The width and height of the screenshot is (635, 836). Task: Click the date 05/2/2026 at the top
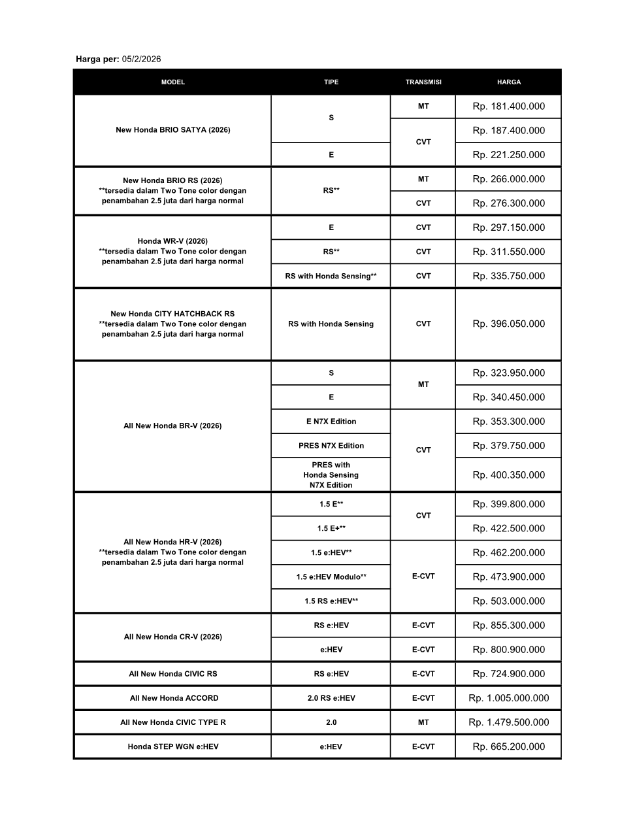pyautogui.click(x=141, y=59)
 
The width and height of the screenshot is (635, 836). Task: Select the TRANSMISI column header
pyautogui.click(x=423, y=82)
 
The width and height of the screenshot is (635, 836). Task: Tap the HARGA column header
pyautogui.click(x=509, y=82)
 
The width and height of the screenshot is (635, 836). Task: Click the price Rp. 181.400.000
pyautogui.click(x=509, y=107)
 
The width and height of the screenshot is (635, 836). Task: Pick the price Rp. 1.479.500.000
pyautogui.click(x=509, y=722)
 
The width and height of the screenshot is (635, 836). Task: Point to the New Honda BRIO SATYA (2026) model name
pyautogui.click(x=173, y=130)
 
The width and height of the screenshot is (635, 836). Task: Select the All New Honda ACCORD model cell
pyautogui.click(x=174, y=698)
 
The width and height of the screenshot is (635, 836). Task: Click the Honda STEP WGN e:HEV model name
pyautogui.click(x=173, y=746)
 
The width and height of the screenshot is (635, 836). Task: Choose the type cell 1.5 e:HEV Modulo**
pyautogui.click(x=331, y=577)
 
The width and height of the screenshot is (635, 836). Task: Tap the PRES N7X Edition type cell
pyautogui.click(x=331, y=446)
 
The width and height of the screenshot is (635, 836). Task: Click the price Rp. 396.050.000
pyautogui.click(x=509, y=324)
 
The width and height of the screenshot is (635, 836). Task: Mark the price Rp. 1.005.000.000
pyautogui.click(x=509, y=698)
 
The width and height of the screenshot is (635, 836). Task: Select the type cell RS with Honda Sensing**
pyautogui.click(x=331, y=276)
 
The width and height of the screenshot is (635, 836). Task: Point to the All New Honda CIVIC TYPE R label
pyautogui.click(x=173, y=722)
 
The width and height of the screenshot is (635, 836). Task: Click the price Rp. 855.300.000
pyautogui.click(x=509, y=626)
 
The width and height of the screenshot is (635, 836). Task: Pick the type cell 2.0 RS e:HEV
pyautogui.click(x=331, y=698)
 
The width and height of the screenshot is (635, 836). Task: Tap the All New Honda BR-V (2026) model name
pyautogui.click(x=172, y=426)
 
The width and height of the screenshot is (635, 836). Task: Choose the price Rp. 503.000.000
pyautogui.click(x=509, y=601)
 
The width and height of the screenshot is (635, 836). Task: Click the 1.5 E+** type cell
pyautogui.click(x=331, y=529)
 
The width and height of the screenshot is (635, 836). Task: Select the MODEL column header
pyautogui.click(x=173, y=82)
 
